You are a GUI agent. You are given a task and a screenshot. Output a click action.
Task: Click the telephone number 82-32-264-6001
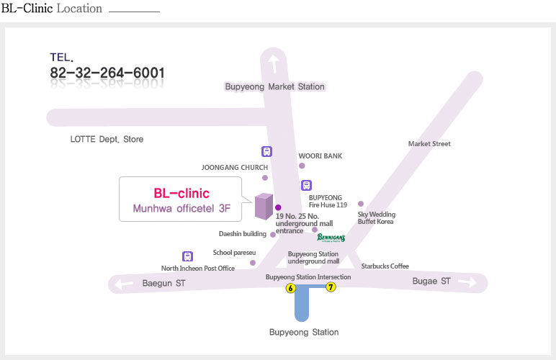107,73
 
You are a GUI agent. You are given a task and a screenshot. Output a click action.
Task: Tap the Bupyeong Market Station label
275,87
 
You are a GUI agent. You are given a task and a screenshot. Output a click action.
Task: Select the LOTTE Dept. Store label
107,139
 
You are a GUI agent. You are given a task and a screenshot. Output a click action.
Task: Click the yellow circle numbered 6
290,288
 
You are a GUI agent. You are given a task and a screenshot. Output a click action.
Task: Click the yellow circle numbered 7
331,287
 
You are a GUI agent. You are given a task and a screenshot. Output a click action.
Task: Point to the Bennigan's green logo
331,238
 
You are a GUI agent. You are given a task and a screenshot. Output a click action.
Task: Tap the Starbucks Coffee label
385,266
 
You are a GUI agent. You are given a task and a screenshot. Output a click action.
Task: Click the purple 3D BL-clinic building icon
264,206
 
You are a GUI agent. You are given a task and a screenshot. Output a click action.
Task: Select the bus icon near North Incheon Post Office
187,256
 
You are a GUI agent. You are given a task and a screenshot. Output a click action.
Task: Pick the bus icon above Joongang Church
266,152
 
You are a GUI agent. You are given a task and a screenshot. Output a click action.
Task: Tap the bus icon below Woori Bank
306,185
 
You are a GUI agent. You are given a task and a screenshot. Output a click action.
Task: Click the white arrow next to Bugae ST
467,282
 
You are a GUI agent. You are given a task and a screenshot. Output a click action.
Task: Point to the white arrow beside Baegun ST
124,284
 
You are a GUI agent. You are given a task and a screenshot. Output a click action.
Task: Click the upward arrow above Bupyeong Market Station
273,64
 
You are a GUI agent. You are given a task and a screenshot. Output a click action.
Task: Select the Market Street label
429,144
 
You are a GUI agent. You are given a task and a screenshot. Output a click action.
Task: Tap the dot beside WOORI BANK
302,166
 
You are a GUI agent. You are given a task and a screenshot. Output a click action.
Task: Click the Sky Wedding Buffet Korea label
376,218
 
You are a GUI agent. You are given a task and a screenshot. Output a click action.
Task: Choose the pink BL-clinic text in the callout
181,194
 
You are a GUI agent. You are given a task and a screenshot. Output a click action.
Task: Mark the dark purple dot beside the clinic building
278,207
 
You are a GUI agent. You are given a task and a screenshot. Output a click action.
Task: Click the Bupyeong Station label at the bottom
304,333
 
